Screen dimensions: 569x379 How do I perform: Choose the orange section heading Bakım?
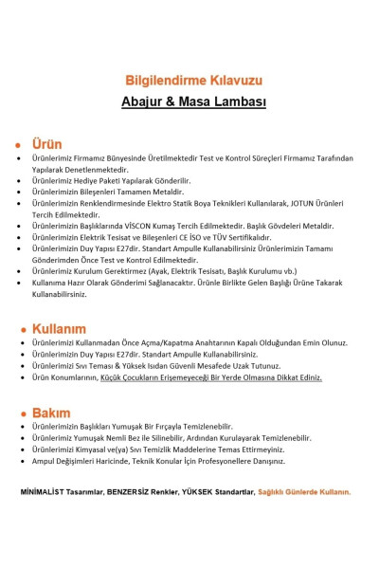[x=51, y=413]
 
